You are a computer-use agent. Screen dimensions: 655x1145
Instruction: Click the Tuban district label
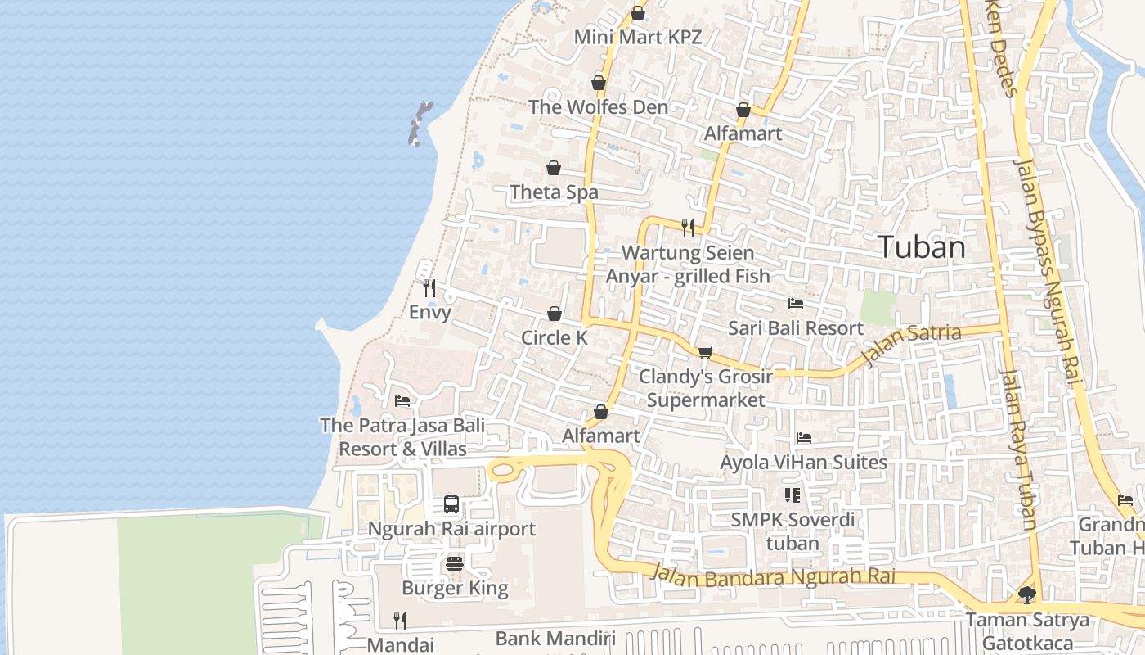point(921,247)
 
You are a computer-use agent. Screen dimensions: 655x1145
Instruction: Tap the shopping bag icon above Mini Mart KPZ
point(638,14)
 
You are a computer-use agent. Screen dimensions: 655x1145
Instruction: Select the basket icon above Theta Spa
point(554,168)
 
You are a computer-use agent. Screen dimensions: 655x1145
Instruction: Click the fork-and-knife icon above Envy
point(429,287)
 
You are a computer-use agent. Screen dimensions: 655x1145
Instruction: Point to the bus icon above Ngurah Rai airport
point(451,504)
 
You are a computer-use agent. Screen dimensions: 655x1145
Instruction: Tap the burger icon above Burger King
point(455,563)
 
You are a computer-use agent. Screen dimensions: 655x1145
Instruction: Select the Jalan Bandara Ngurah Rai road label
point(773,575)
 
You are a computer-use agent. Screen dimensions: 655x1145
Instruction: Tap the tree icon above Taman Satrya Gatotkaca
point(1027,595)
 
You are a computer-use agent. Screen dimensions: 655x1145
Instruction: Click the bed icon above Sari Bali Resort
point(795,304)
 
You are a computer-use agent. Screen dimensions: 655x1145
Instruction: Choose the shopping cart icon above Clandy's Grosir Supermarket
point(705,352)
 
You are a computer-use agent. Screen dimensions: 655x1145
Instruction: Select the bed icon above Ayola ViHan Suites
point(803,438)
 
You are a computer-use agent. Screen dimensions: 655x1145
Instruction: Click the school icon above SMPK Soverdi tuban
point(792,495)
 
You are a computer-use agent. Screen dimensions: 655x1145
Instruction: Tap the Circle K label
point(555,337)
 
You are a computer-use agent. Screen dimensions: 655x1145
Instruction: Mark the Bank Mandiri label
point(555,639)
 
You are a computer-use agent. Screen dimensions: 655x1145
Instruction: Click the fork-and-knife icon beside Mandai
point(399,621)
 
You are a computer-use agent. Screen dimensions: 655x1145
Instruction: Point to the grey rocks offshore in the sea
point(419,123)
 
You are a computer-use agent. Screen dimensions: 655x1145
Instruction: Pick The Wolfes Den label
point(598,106)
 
